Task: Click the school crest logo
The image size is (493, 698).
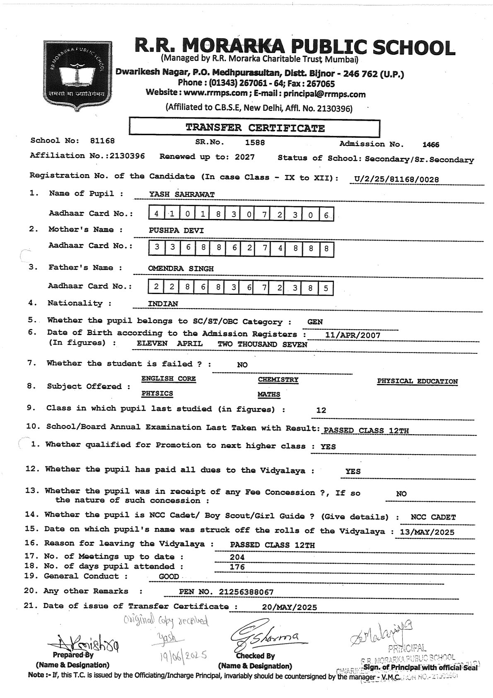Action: (x=76, y=75)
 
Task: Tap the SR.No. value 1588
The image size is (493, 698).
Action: (x=255, y=143)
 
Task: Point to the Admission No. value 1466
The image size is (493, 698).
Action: (x=430, y=145)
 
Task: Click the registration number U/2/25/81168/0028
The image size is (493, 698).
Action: (x=394, y=179)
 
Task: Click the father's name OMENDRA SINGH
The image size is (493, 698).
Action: (x=181, y=269)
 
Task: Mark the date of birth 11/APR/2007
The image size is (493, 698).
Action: (x=353, y=335)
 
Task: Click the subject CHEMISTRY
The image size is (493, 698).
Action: (x=278, y=379)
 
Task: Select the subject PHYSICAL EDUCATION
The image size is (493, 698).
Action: (x=417, y=382)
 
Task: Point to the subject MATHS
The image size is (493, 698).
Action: (x=269, y=394)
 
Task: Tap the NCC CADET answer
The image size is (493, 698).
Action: (x=433, y=517)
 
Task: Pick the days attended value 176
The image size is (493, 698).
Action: (x=237, y=567)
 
